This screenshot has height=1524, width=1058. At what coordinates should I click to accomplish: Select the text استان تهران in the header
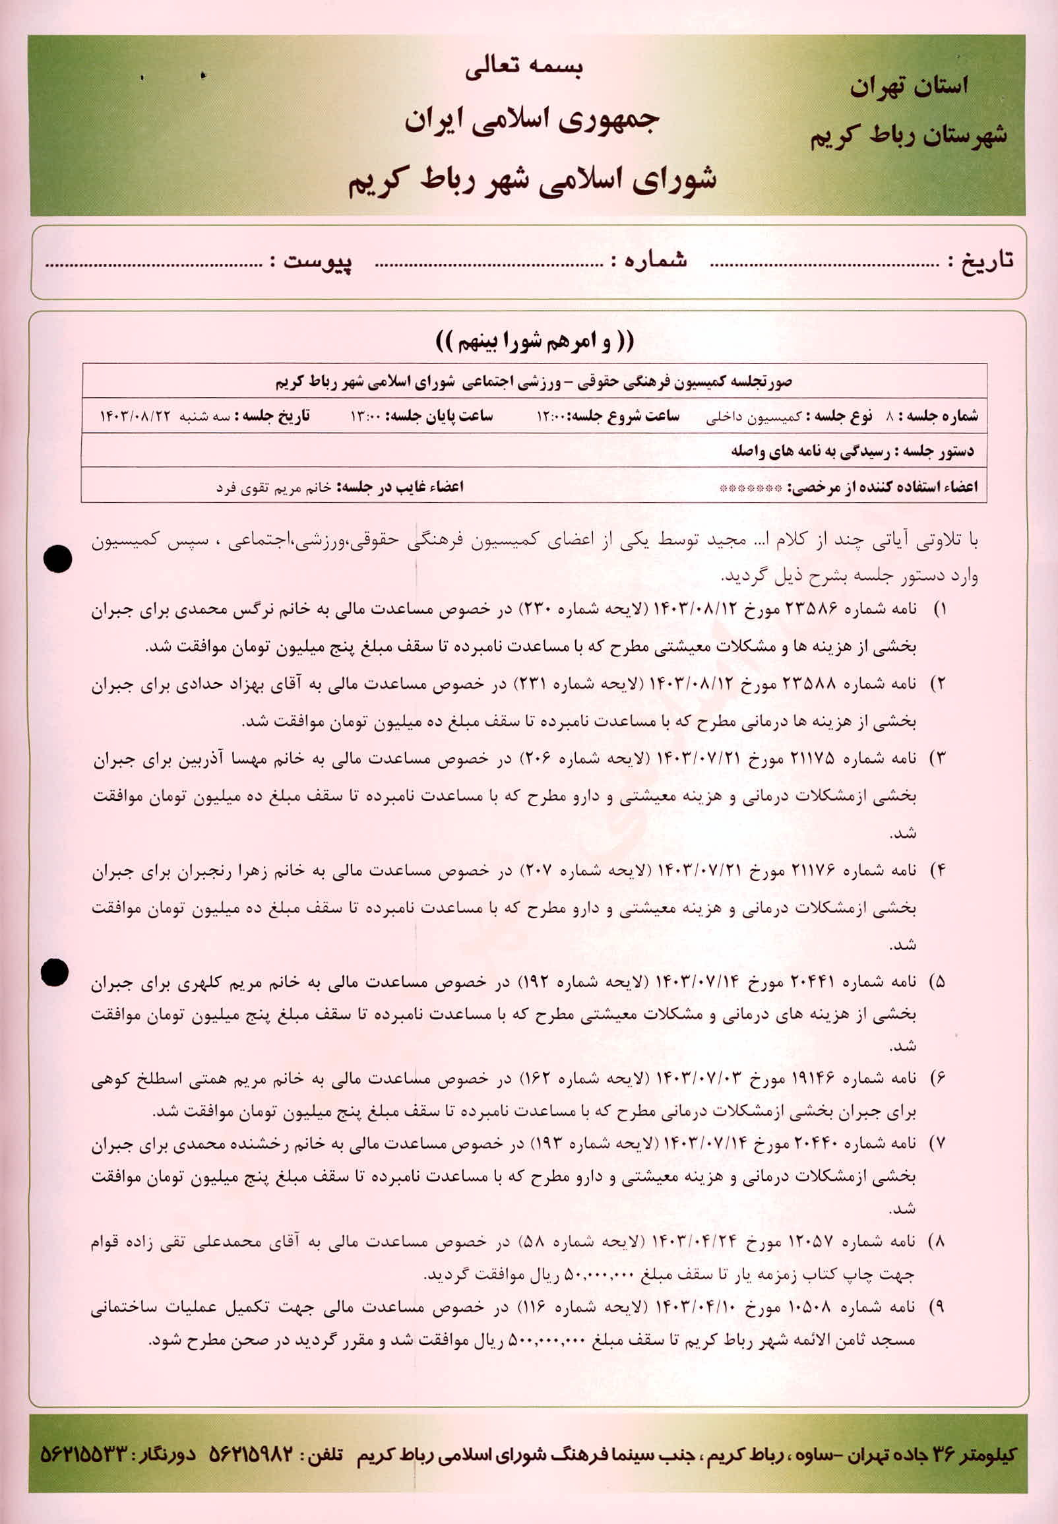pos(909,86)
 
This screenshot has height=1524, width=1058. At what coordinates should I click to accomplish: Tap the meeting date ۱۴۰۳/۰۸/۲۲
pos(137,416)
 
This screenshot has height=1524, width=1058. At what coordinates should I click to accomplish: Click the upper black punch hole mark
pos(57,559)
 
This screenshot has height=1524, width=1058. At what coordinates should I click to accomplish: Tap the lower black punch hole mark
pos(55,972)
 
